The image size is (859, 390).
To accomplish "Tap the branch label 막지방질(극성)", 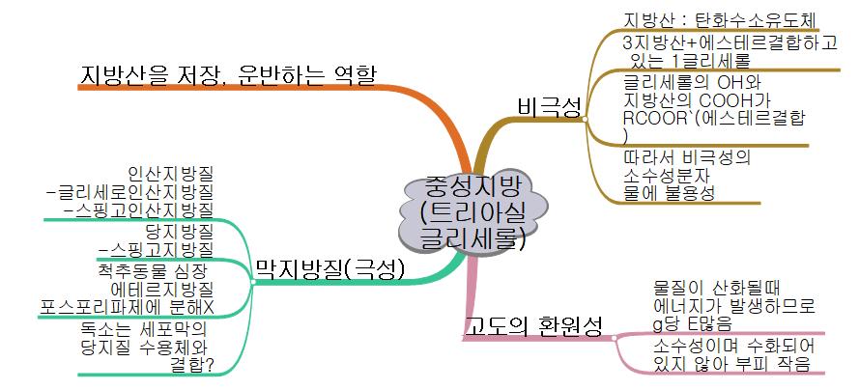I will click(329, 268).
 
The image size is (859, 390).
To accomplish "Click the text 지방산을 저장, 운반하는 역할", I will click(228, 73).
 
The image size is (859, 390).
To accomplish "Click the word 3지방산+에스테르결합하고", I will click(730, 43).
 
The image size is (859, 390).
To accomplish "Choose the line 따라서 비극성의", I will click(687, 154).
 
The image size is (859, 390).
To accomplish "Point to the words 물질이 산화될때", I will click(709, 287).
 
